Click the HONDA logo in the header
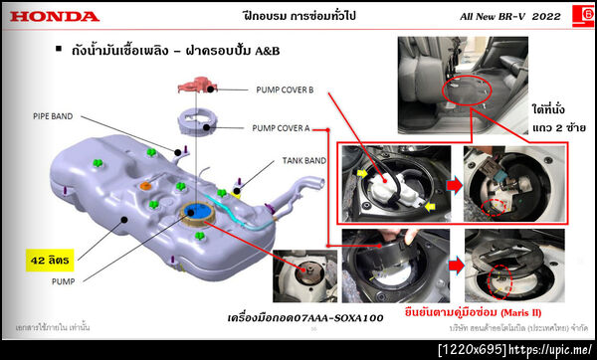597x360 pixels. pos(55,17)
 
